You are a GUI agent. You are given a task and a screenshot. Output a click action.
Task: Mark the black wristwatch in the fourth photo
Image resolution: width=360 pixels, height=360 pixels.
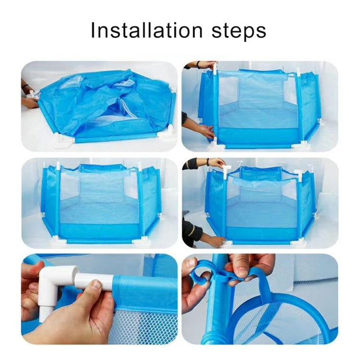[208, 163]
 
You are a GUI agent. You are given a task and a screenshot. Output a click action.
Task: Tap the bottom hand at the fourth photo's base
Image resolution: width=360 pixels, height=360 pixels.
[211, 239]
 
